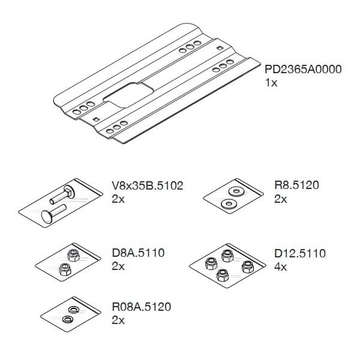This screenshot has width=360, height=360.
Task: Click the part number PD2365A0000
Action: (303, 70)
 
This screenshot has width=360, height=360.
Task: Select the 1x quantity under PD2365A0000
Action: (271, 83)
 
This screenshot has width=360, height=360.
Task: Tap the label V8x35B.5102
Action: (148, 185)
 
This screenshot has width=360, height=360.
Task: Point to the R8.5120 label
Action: (296, 185)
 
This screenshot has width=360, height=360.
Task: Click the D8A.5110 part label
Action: (138, 253)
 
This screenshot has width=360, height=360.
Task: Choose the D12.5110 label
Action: (300, 253)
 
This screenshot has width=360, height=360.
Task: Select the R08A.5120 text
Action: (142, 307)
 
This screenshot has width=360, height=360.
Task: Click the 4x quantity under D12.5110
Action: (280, 267)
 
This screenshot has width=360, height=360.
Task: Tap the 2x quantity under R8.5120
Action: (280, 199)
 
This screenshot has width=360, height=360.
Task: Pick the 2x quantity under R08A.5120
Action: (118, 320)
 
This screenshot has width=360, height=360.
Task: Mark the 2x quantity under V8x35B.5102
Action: (118, 199)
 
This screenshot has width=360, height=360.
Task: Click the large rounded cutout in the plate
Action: (128, 95)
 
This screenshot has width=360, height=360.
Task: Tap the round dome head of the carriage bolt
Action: (47, 216)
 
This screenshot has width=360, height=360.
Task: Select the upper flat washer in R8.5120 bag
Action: (236, 191)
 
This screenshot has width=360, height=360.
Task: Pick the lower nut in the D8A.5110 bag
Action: (65, 269)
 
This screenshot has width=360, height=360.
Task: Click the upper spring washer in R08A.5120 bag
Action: (74, 310)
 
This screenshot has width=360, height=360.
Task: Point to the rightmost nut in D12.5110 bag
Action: (248, 267)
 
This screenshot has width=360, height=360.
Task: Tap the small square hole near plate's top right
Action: (220, 47)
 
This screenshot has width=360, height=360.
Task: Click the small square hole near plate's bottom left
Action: (96, 119)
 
